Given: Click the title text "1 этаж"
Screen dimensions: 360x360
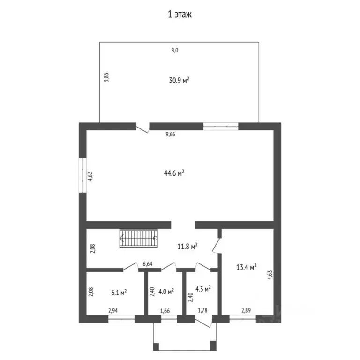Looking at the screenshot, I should tap(180, 15).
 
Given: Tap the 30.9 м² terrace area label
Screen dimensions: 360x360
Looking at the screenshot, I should tap(179, 80).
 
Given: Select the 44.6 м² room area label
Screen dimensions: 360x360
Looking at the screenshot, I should tap(174, 173).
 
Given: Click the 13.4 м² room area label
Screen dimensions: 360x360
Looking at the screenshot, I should tap(246, 267).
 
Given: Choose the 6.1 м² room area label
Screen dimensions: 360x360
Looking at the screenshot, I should tap(119, 292).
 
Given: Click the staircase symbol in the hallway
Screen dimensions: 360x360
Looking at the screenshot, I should tap(139, 238).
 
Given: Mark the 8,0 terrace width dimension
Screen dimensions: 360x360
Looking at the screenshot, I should tap(175, 50).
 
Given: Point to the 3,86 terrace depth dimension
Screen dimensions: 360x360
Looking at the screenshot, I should tap(106, 77).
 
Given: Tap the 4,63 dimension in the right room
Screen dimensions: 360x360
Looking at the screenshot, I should tap(270, 274).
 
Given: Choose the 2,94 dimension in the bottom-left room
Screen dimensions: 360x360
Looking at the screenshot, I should tap(113, 310).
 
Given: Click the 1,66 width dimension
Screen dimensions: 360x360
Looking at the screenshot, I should tap(165, 310).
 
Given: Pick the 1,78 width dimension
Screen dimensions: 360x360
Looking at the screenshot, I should tap(202, 310).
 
